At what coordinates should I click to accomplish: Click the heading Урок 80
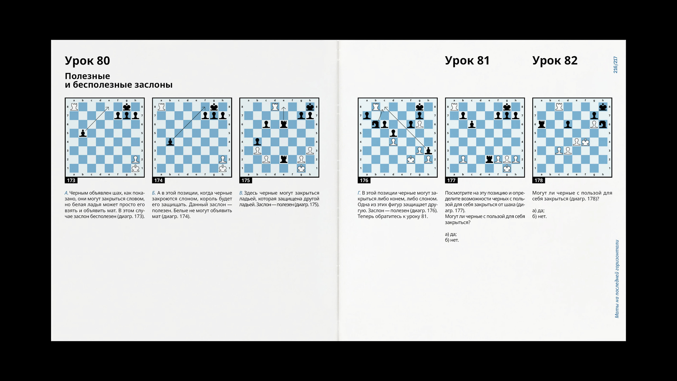(87, 61)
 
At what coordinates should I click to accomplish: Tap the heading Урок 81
(467, 61)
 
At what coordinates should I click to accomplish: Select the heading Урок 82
(555, 61)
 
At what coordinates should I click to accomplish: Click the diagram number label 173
(71, 180)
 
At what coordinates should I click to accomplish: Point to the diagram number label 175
(246, 180)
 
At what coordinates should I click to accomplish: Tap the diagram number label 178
(538, 180)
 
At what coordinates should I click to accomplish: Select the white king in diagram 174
(223, 168)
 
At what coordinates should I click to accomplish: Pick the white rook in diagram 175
(275, 107)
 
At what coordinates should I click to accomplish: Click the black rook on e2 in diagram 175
(283, 159)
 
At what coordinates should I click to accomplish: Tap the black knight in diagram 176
(376, 124)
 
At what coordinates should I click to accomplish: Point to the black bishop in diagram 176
(428, 151)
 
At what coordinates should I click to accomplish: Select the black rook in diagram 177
(489, 159)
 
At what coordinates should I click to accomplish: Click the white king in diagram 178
(585, 142)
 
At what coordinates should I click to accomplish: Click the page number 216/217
(615, 65)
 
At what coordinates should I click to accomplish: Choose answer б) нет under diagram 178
(539, 216)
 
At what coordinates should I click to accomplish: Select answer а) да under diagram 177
(451, 234)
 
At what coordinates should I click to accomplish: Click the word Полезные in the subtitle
(88, 76)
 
